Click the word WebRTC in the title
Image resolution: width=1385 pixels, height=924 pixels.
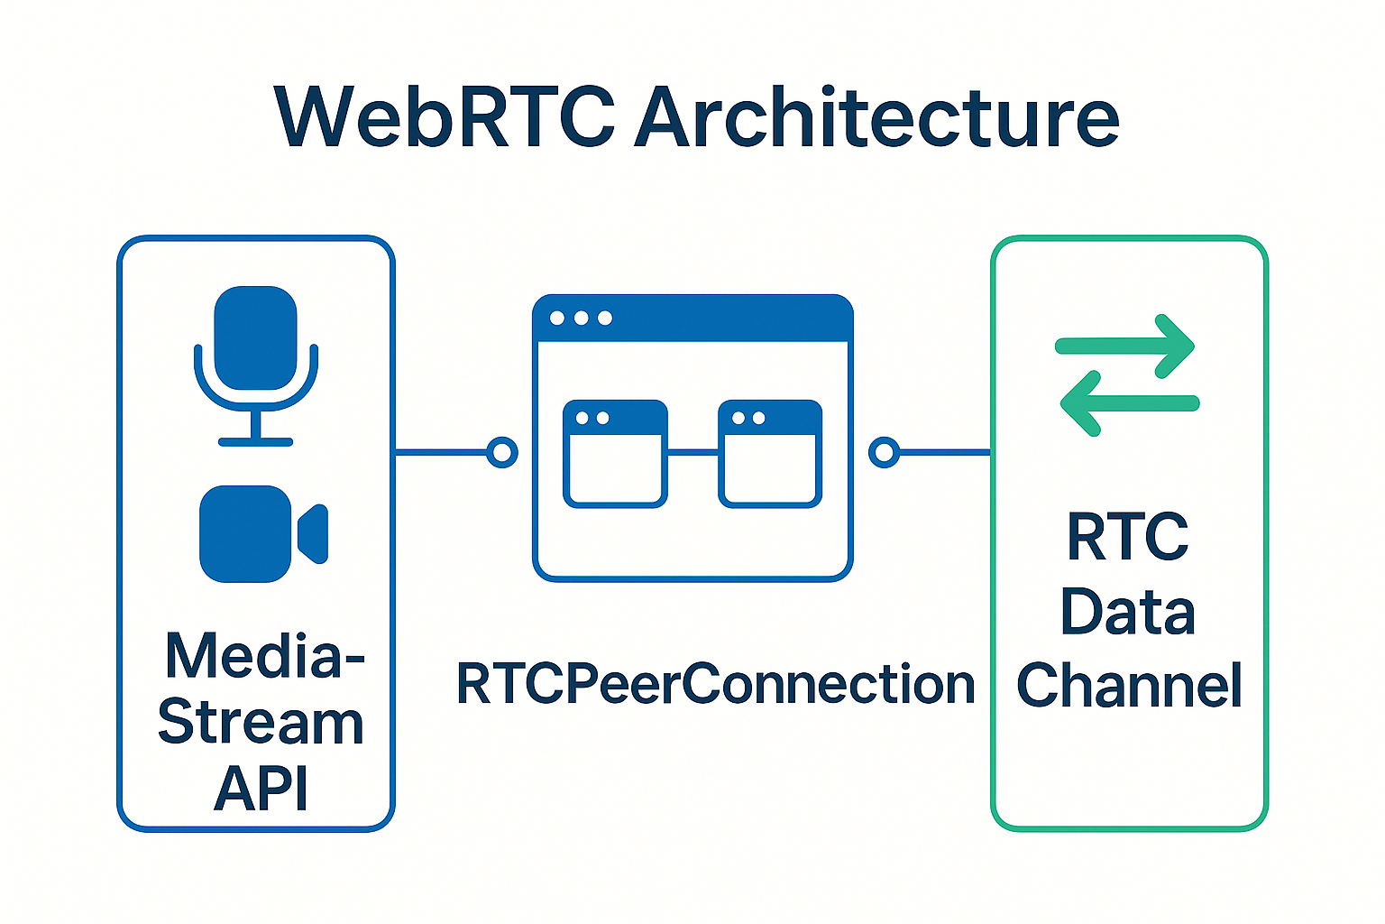(x=445, y=118)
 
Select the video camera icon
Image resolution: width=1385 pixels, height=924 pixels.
(x=261, y=534)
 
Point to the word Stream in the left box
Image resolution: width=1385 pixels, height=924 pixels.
(x=261, y=723)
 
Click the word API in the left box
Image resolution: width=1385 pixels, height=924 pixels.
(x=261, y=788)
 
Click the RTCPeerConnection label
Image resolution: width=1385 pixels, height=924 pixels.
(x=715, y=684)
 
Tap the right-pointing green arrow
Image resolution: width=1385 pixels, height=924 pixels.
(x=1126, y=346)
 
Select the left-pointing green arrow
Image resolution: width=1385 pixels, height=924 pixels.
(x=1128, y=403)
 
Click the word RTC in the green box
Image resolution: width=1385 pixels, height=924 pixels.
(x=1127, y=538)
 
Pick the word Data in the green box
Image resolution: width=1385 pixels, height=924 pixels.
(x=1127, y=612)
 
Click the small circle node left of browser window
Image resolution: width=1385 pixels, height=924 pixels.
(x=502, y=452)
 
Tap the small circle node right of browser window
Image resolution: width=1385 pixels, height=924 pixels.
(x=885, y=452)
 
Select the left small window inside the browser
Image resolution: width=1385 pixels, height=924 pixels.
(x=615, y=454)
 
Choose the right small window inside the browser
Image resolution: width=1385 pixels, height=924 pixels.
(x=770, y=454)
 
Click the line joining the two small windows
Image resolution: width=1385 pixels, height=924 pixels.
(x=692, y=453)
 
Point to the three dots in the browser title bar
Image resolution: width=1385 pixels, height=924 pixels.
(x=581, y=319)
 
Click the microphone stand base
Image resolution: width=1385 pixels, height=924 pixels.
(x=256, y=441)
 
